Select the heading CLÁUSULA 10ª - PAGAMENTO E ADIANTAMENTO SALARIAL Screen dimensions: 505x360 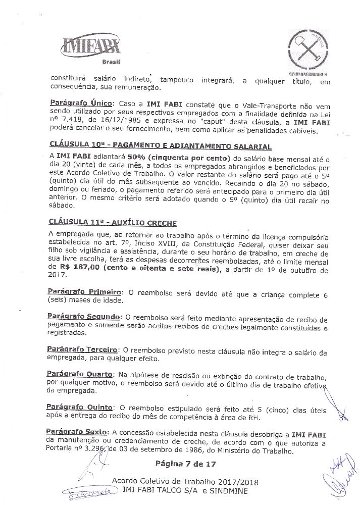pos(161,147)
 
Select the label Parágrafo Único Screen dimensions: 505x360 pos(81,103)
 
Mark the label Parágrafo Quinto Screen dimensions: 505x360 pos(79,407)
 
